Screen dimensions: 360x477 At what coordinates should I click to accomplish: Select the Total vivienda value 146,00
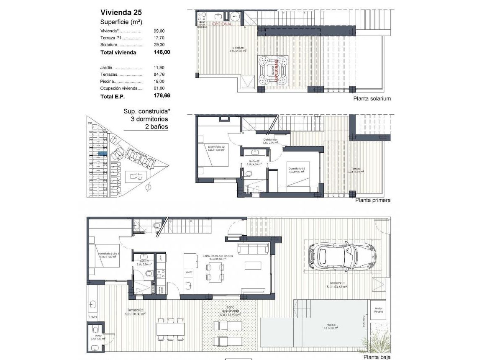162,53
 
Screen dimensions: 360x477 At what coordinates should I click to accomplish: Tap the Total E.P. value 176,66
162,96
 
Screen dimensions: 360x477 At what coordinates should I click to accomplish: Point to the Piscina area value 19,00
160,82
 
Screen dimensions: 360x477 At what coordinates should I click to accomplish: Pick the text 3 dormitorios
149,119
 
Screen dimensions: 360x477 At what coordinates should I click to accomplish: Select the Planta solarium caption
372,99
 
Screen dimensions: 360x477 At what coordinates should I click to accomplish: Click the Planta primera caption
373,201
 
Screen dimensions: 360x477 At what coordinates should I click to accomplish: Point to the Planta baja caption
377,357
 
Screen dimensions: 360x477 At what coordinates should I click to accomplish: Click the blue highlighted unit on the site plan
102,154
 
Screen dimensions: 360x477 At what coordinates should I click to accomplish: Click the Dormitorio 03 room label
297,169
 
